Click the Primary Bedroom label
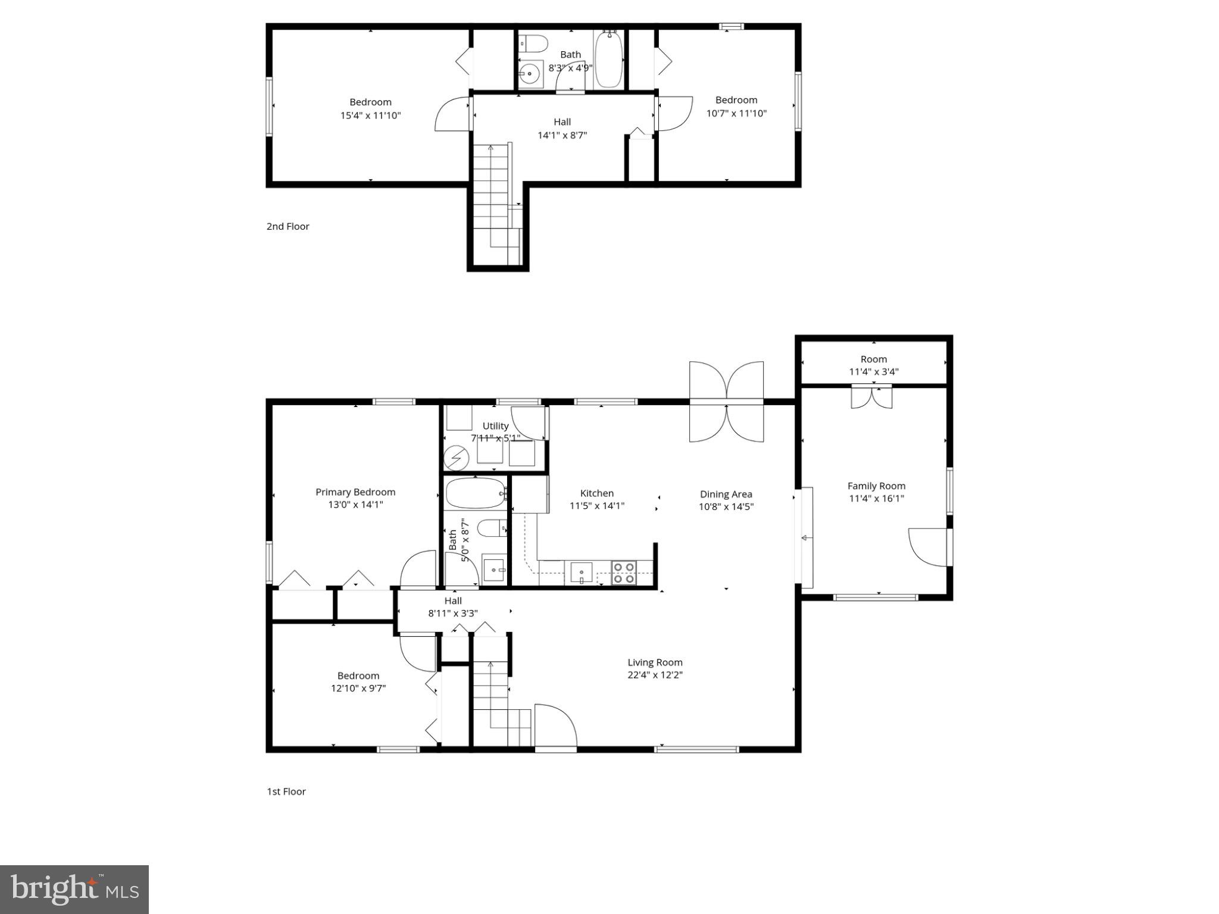[x=355, y=492]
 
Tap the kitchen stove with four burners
[x=623, y=572]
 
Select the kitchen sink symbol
[x=582, y=573]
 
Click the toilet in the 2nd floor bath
[x=533, y=43]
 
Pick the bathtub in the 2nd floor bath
[x=609, y=60]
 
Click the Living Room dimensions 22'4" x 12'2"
[x=655, y=675]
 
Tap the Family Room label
[x=876, y=486]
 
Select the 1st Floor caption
[x=286, y=791]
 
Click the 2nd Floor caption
[x=288, y=226]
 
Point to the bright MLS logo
[x=74, y=890]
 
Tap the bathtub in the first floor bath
[x=476, y=493]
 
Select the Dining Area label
[x=726, y=494]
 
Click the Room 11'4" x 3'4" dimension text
[x=873, y=372]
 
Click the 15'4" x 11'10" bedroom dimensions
[x=370, y=115]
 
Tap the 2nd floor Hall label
[x=562, y=122]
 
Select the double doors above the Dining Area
[x=726, y=402]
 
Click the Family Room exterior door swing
[x=928, y=547]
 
